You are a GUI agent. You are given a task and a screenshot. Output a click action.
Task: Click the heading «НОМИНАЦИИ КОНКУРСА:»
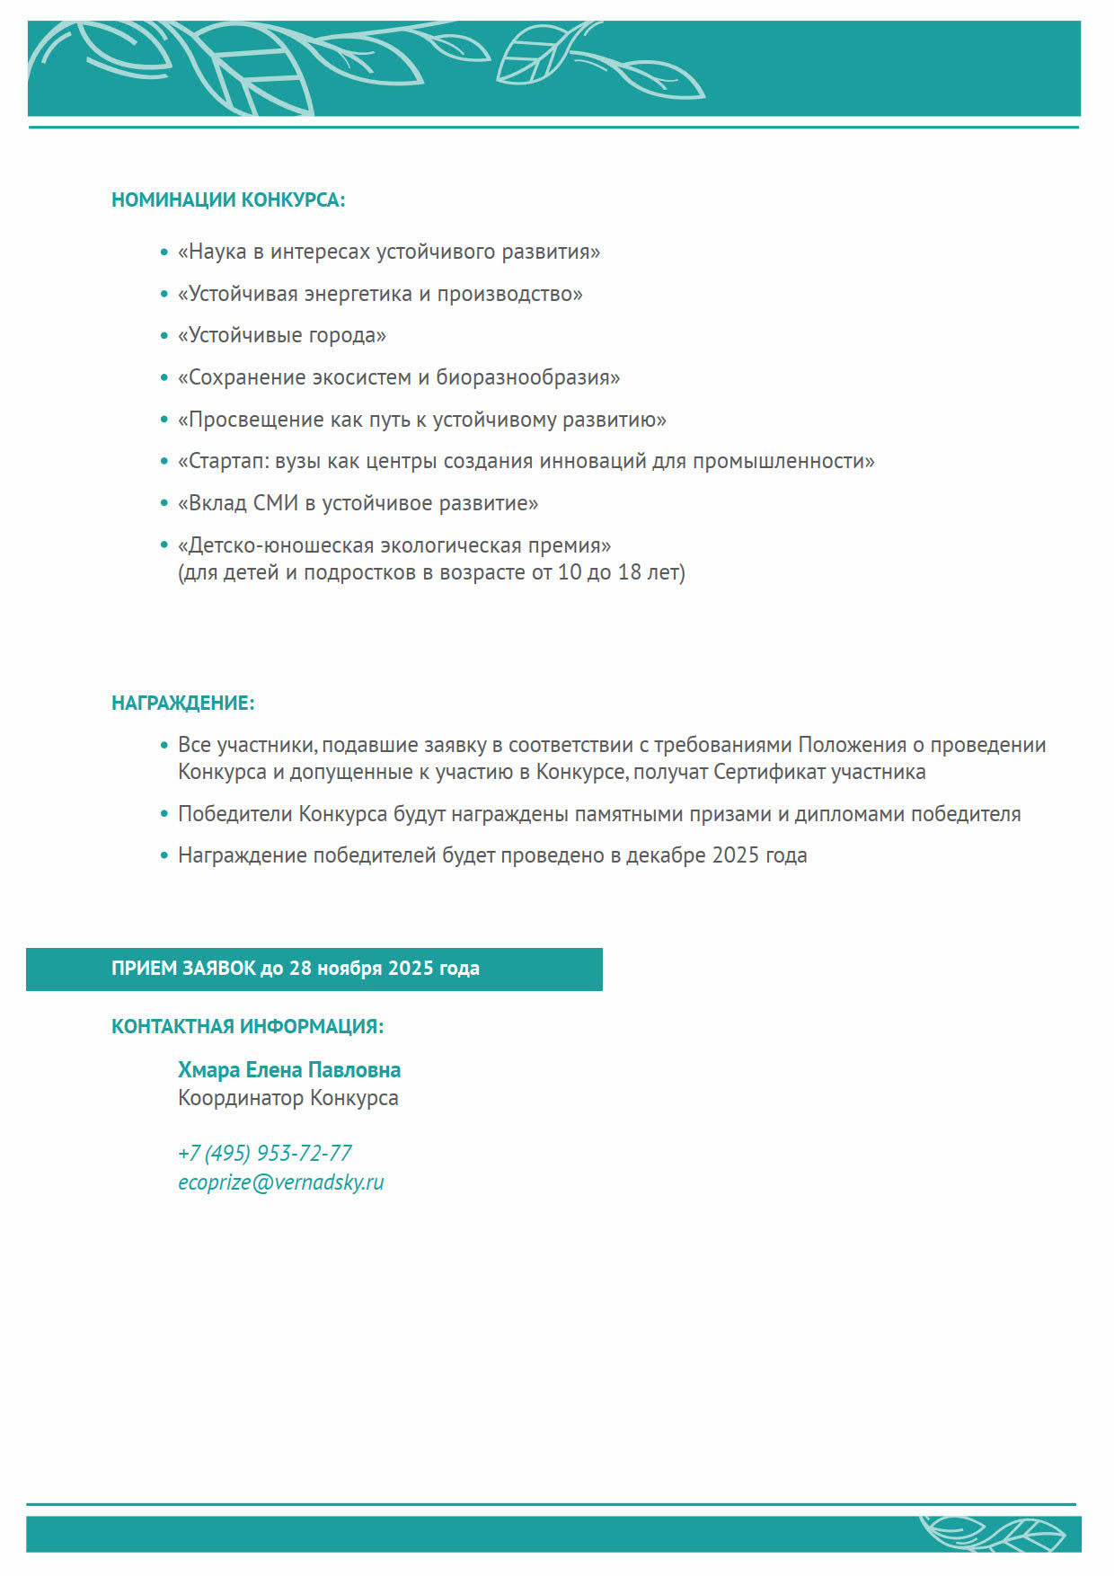[x=228, y=199]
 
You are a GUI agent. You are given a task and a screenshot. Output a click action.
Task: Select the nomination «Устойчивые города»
[x=282, y=335]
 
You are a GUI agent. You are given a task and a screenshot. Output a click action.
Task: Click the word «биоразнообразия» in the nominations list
[x=527, y=377]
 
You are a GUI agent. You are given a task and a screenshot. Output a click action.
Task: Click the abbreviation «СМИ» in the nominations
[x=275, y=503]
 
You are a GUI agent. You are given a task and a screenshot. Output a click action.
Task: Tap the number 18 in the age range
[x=629, y=572]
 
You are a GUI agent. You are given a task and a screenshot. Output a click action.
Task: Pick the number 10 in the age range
[x=570, y=572]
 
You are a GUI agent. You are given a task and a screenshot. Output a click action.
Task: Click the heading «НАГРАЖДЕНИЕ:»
[x=183, y=703]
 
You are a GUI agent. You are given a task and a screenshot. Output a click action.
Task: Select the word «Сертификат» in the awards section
[x=769, y=772]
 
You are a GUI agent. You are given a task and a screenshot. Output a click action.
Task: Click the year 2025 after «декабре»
[x=736, y=855]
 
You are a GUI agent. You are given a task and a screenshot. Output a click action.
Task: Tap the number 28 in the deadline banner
[x=300, y=969]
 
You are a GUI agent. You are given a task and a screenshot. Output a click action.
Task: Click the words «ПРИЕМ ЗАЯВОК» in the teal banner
[x=183, y=969]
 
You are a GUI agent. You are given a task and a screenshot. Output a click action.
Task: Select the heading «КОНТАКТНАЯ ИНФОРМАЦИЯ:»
[x=247, y=1026]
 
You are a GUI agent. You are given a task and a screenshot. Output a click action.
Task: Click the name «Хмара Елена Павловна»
[x=289, y=1070]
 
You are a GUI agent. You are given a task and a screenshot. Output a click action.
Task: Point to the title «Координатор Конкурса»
[x=288, y=1098]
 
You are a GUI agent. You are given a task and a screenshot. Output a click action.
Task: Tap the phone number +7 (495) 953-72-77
[x=265, y=1153]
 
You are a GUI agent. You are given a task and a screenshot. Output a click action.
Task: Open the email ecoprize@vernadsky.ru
[x=281, y=1182]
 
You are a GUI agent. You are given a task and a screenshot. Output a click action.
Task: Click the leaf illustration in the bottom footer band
[x=993, y=1534]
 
